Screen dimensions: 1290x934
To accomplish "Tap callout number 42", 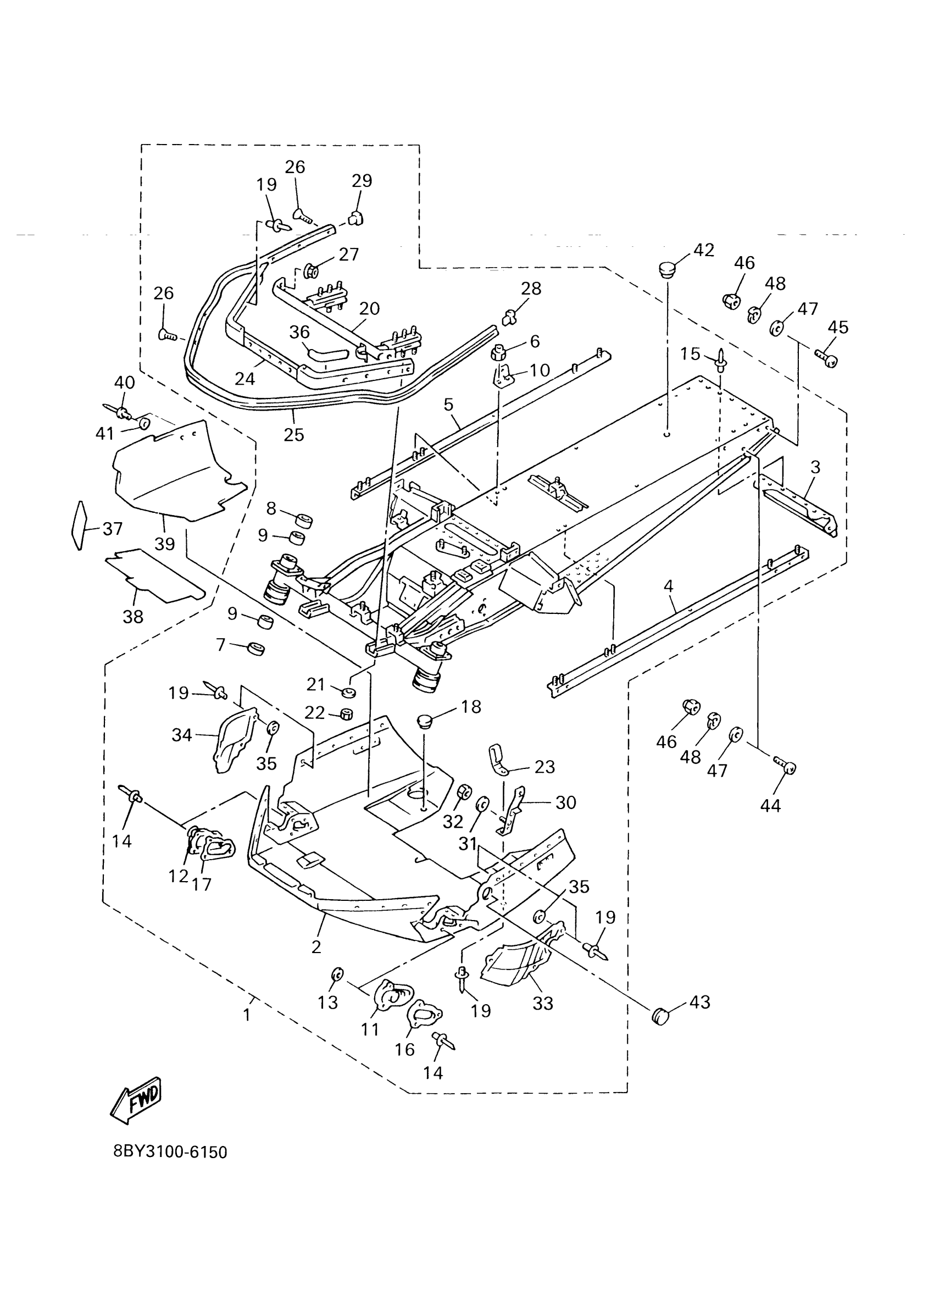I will point(704,250).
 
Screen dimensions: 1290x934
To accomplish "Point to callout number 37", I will point(113,529).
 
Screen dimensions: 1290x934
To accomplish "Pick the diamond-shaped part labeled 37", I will point(79,525).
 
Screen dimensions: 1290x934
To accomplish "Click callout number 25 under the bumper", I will point(294,435).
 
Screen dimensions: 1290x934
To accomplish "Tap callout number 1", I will point(247,1015).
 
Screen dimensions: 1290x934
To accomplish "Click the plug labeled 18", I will point(425,722).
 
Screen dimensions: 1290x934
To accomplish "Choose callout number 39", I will point(165,544).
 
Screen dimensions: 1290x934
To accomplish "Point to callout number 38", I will point(133,616).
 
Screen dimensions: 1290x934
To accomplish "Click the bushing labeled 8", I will point(304,520).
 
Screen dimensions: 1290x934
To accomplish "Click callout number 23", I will point(544,767).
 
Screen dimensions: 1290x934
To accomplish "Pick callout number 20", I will point(370,309).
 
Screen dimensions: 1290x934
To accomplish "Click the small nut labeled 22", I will point(346,713).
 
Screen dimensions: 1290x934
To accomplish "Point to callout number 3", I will point(815,467).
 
